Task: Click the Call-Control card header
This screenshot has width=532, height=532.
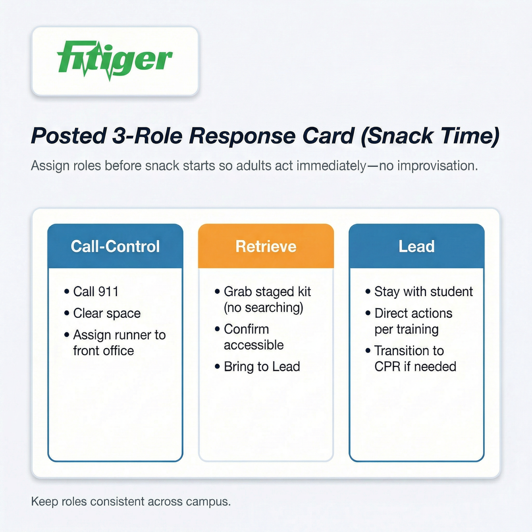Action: (115, 246)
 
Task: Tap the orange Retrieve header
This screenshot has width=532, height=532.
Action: (266, 246)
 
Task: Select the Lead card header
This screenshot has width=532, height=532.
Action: (417, 246)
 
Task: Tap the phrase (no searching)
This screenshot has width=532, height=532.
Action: (263, 308)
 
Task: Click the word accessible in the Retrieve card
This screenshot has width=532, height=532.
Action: (254, 345)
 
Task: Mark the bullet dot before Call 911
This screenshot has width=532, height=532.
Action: (67, 291)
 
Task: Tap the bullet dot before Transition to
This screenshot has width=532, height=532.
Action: (368, 351)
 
